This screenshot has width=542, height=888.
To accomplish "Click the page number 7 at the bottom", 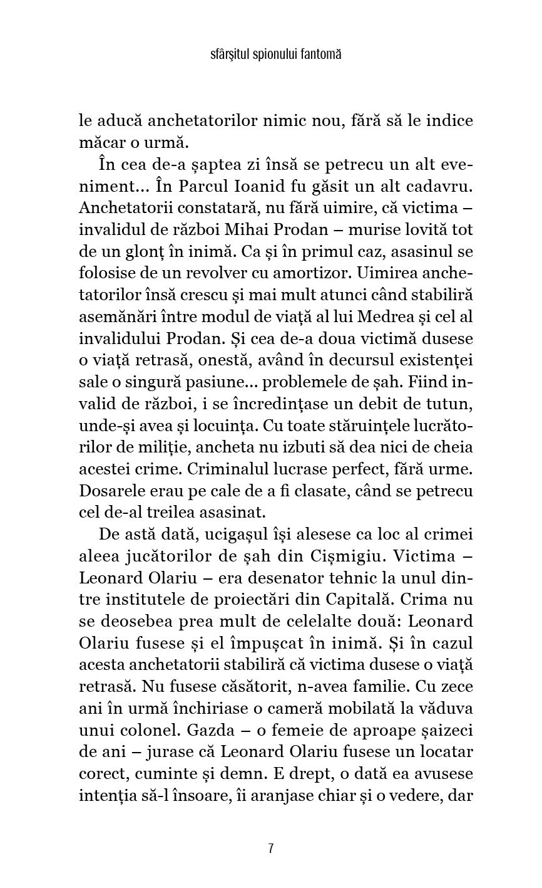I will (270, 849).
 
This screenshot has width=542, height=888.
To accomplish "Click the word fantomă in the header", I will (320, 55).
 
